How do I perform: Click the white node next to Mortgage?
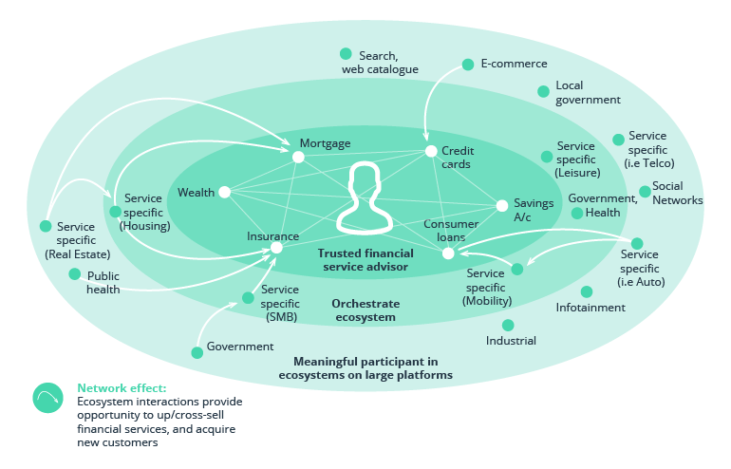(x=298, y=157)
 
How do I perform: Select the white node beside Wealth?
(x=225, y=192)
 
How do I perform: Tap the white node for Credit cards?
(x=430, y=151)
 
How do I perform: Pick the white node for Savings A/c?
(x=502, y=205)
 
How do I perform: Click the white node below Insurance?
(x=276, y=248)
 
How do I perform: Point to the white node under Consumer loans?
(x=448, y=253)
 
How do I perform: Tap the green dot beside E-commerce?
(x=468, y=65)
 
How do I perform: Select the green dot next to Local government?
(x=543, y=91)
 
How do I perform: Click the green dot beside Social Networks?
(x=645, y=191)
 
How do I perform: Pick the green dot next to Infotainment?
(x=587, y=292)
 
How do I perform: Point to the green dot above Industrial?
(x=508, y=326)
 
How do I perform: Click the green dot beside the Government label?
(x=197, y=352)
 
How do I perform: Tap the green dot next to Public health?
(x=75, y=274)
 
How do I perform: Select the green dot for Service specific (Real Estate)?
(x=46, y=226)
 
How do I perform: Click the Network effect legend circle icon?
(x=47, y=398)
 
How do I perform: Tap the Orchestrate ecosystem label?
(x=365, y=310)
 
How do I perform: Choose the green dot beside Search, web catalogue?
(x=346, y=54)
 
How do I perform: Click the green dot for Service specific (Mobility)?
(x=517, y=270)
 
